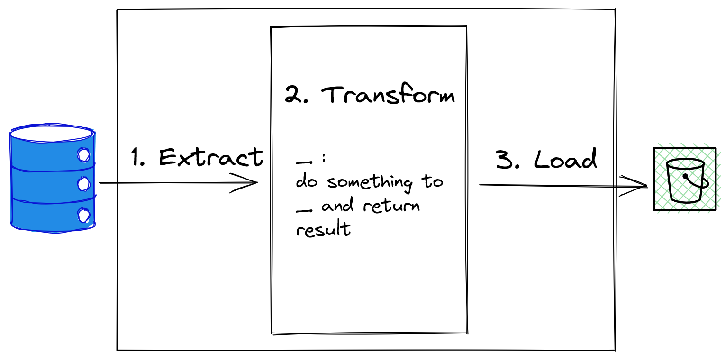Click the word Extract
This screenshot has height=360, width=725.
click(x=211, y=157)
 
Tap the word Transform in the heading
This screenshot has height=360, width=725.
click(x=388, y=94)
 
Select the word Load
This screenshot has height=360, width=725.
click(x=565, y=159)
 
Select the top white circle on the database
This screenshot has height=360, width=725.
click(x=83, y=155)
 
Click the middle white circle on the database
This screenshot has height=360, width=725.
click(x=83, y=184)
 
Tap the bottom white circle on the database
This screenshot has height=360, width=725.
click(x=83, y=215)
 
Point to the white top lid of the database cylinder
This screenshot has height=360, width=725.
click(x=52, y=134)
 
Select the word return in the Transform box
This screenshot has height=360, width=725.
click(x=391, y=206)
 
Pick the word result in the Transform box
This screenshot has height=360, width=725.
click(x=323, y=229)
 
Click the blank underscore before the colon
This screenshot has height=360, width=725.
click(x=304, y=162)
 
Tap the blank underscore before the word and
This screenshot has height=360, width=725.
click(x=304, y=211)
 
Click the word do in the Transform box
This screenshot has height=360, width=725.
click(x=307, y=181)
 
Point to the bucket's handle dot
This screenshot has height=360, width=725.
click(x=685, y=177)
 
